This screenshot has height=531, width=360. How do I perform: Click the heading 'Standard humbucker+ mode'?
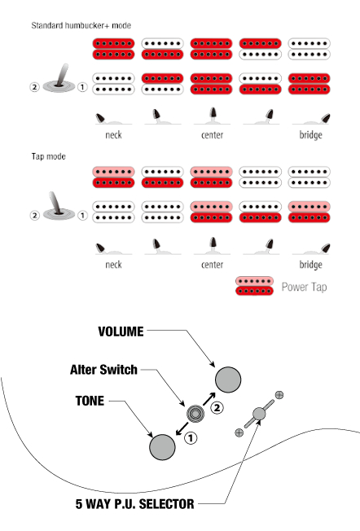pyautogui.click(x=81, y=25)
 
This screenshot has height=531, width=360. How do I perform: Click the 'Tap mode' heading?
pyautogui.click(x=48, y=156)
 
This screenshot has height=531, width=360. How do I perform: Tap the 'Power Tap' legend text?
pyautogui.click(x=304, y=287)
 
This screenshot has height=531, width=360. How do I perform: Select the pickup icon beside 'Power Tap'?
pyautogui.click(x=254, y=286)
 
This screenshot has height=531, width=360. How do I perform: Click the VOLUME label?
pyautogui.click(x=121, y=331)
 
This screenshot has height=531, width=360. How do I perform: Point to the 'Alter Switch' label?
pyautogui.click(x=103, y=370)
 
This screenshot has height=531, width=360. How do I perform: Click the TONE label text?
pyautogui.click(x=90, y=401)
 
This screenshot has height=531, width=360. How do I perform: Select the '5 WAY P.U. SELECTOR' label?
pyautogui.click(x=134, y=504)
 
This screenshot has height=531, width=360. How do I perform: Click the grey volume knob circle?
pyautogui.click(x=228, y=380)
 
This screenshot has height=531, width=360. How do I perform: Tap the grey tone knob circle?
pyautogui.click(x=163, y=447)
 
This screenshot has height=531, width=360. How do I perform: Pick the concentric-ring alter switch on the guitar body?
pyautogui.click(x=195, y=414)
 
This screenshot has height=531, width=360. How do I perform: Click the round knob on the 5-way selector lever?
pyautogui.click(x=259, y=414)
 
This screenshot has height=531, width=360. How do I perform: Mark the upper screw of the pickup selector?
pyautogui.click(x=279, y=394)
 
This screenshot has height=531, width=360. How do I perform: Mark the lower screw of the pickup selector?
pyautogui.click(x=239, y=432)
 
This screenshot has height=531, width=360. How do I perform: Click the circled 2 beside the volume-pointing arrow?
pyautogui.click(x=217, y=407)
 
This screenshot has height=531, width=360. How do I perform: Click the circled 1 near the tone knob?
pyautogui.click(x=191, y=438)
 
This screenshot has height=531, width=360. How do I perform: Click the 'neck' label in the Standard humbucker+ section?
pyautogui.click(x=113, y=134)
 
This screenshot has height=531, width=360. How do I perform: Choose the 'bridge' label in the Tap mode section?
pyautogui.click(x=310, y=265)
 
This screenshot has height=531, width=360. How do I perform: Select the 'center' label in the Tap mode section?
pyautogui.click(x=212, y=265)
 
